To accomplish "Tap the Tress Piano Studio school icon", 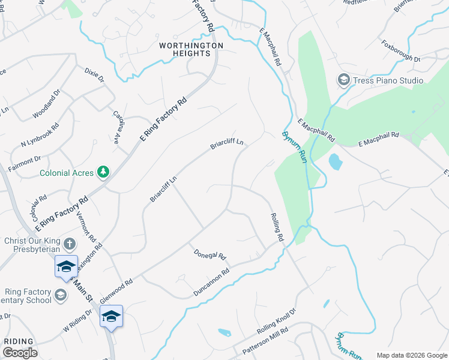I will coord(343,80).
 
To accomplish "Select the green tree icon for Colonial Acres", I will coord(104,173).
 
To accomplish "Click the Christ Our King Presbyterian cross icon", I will coord(69,244).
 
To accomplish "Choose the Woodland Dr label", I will coord(47,103).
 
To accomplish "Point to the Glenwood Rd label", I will coord(116,288).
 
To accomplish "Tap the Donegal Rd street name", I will coord(209,256).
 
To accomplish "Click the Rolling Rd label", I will coord(277,227).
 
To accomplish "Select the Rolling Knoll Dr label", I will coord(277,322).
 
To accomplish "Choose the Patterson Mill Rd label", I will coord(265,340).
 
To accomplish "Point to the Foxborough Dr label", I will coord(400,51).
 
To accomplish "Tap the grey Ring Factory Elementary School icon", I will coord(60,295).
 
